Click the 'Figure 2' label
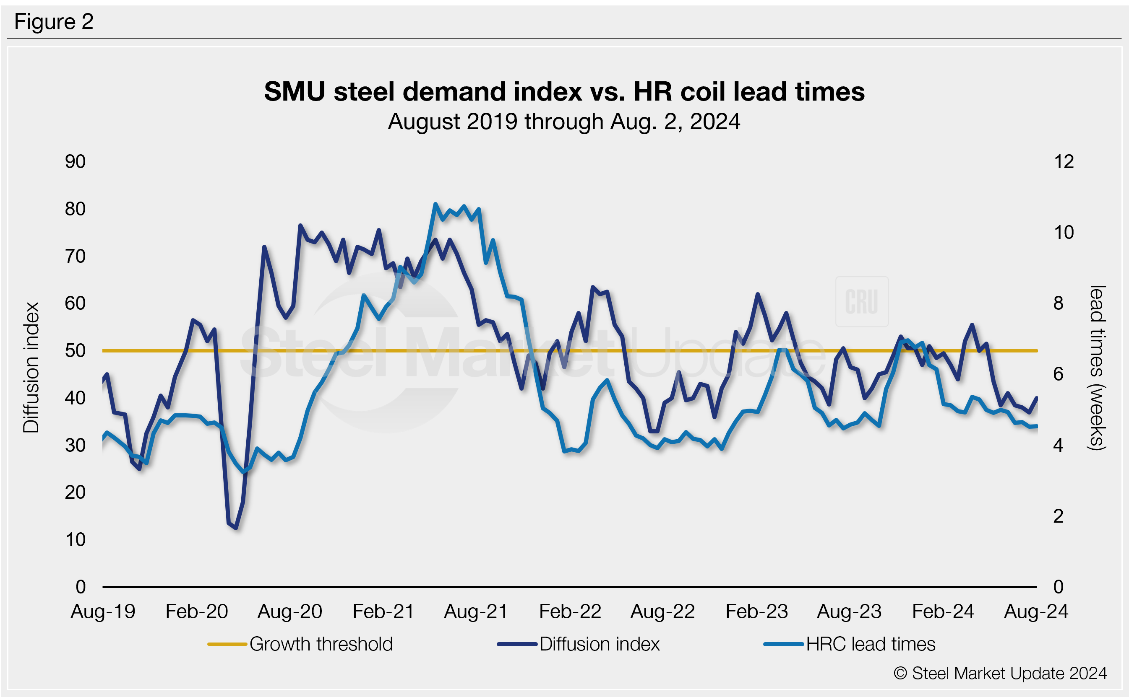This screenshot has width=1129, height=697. [x=54, y=22]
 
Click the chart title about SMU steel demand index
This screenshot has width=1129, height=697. [x=564, y=91]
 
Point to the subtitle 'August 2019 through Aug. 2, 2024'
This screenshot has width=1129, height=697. [x=564, y=122]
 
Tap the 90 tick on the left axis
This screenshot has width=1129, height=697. [x=75, y=162]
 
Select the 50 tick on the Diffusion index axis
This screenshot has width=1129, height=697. [x=75, y=351]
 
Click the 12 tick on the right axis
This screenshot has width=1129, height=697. [x=1064, y=162]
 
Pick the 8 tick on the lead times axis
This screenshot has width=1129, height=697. [x=1058, y=303]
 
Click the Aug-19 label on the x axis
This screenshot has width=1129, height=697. [x=103, y=612]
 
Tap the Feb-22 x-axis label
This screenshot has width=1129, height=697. [x=570, y=612]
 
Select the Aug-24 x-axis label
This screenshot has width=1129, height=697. [x=1036, y=612]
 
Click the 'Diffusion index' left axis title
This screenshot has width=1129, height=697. [x=31, y=368]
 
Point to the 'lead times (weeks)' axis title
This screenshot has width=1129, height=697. [x=1097, y=368]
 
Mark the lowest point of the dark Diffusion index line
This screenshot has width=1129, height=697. [x=236, y=528]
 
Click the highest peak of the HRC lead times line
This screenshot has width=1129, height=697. [x=435, y=204]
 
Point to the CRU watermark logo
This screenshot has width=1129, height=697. [x=861, y=302]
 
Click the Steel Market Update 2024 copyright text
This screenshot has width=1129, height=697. [x=1000, y=674]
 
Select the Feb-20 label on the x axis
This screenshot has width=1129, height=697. [x=196, y=612]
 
